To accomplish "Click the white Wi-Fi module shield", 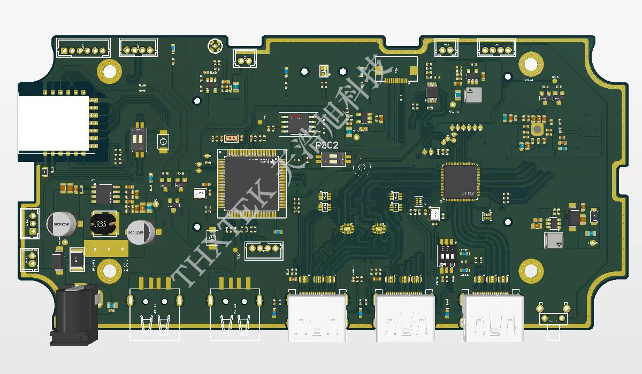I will pos(53,123).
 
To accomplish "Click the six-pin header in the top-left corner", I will pos(83,50).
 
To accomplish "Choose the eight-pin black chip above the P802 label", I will pos(298,124).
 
